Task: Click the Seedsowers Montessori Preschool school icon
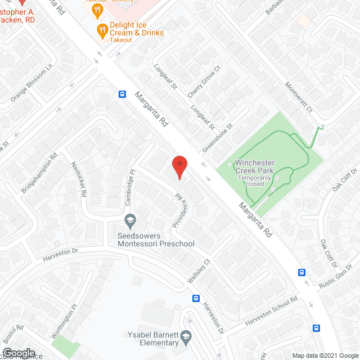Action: pos(130,219)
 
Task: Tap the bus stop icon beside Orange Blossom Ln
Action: pos(122,94)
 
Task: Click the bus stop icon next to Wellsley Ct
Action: pos(196,298)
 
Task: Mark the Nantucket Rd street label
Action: pos(78,179)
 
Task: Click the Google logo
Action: pos(20,353)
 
